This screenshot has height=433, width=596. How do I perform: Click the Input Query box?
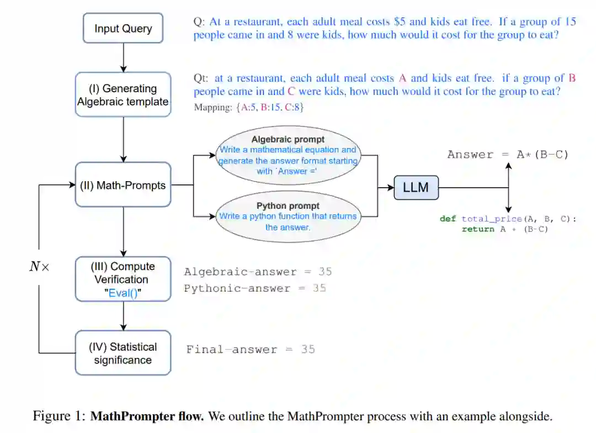tap(123, 28)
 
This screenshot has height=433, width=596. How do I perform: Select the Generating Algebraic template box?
tap(123, 94)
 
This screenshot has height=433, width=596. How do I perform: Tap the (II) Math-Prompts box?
tap(123, 185)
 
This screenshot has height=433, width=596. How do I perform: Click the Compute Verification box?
tap(123, 279)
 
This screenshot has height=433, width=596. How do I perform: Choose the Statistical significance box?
tap(123, 353)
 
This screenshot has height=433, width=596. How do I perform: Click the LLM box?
tap(416, 188)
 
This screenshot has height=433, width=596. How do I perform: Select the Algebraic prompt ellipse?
tap(288, 155)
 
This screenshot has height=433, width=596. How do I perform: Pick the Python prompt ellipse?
tap(288, 217)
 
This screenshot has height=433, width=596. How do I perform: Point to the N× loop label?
tap(39, 267)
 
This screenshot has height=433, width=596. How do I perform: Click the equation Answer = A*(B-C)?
tap(508, 155)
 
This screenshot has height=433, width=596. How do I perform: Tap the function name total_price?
tap(491, 219)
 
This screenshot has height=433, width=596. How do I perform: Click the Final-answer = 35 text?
tap(251, 349)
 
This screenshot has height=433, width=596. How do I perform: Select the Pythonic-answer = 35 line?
tap(255, 288)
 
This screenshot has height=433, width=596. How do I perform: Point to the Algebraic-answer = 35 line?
tap(258, 272)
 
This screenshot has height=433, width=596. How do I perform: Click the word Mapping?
tap(212, 107)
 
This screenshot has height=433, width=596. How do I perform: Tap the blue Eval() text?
tap(124, 293)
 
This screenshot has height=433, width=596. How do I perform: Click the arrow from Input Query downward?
tap(123, 57)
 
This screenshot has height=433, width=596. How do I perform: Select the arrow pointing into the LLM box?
tap(386, 188)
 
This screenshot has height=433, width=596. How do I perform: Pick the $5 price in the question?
tap(400, 22)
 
